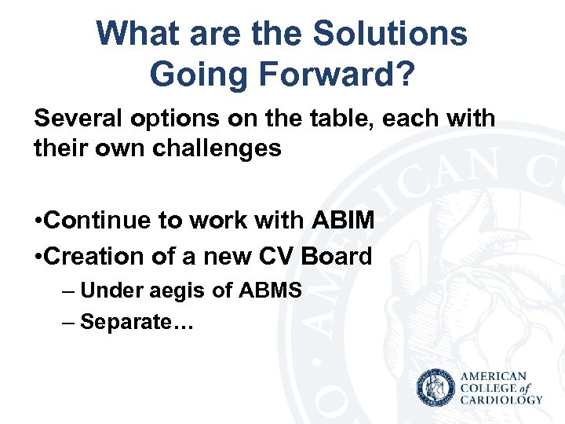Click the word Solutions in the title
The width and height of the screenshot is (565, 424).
coord(390,34)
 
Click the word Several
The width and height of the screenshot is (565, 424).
coord(77,119)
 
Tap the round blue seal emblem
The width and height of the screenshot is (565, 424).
coord(436,389)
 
